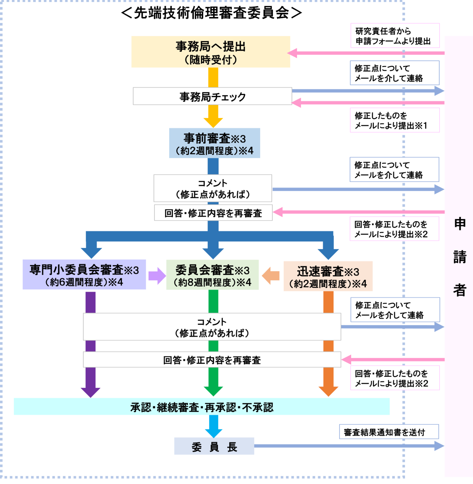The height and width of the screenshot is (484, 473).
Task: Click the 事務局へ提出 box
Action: point(211,52)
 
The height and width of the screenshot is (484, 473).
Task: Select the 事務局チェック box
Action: point(212,96)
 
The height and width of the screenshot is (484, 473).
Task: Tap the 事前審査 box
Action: point(214,143)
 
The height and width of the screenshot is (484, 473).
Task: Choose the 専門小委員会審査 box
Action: point(84,275)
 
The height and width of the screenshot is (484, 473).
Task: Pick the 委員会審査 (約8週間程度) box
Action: point(213,275)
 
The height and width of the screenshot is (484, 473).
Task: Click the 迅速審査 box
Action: point(328,276)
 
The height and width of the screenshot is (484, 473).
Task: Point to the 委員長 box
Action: point(214,446)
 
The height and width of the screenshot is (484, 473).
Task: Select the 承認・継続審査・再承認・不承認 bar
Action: point(202,407)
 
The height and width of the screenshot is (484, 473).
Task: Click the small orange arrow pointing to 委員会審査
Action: point(271,276)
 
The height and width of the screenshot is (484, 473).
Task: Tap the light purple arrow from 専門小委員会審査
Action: point(157,276)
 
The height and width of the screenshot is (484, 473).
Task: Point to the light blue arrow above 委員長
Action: point(214,427)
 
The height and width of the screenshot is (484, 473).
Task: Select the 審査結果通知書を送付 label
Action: point(389,432)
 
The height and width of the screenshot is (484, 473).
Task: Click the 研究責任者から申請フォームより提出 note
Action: point(395,36)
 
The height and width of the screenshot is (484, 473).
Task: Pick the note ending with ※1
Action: point(394,120)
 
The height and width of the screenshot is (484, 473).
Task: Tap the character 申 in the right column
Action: point(460,224)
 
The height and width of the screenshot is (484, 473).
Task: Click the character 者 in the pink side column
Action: point(460,290)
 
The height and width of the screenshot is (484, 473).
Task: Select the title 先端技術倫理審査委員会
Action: point(212,13)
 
